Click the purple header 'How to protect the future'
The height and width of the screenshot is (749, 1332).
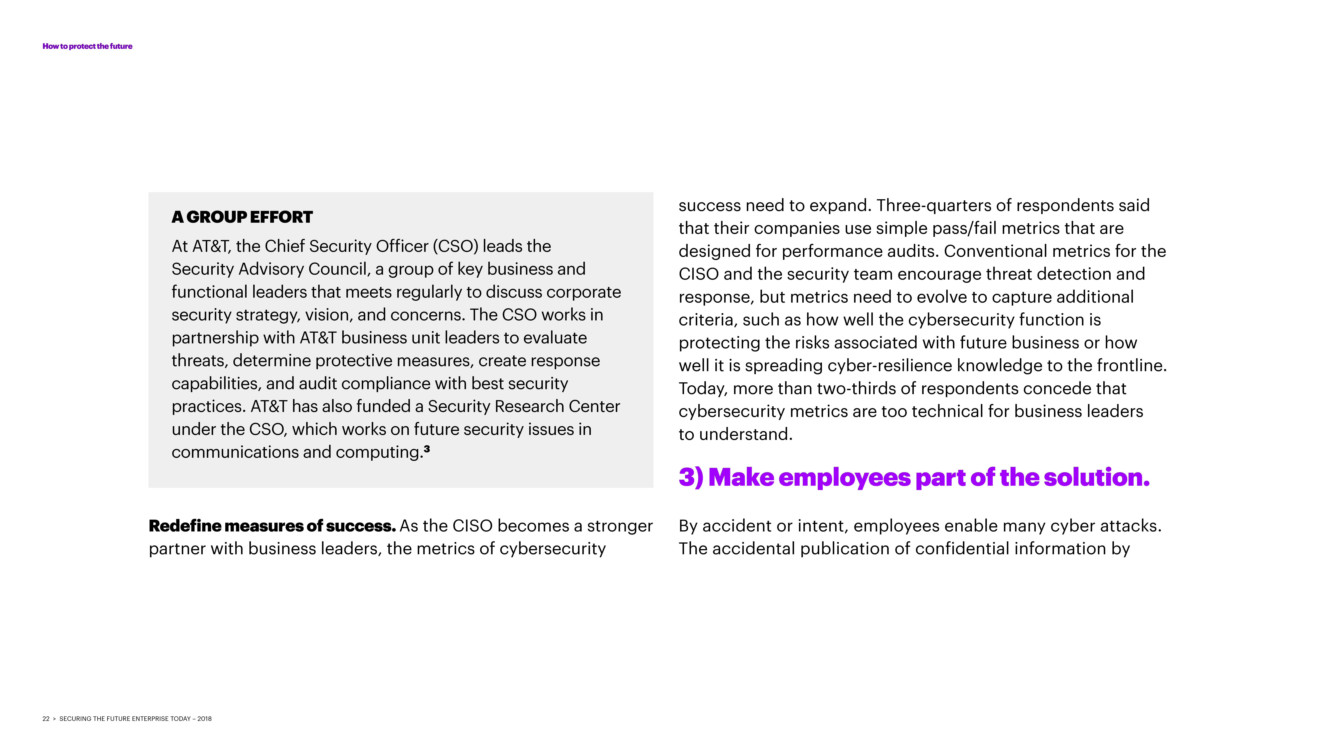click(87, 46)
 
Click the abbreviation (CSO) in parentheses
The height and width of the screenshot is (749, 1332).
click(455, 246)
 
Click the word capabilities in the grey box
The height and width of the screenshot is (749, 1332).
click(216, 383)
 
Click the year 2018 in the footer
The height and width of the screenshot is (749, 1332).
click(204, 719)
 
